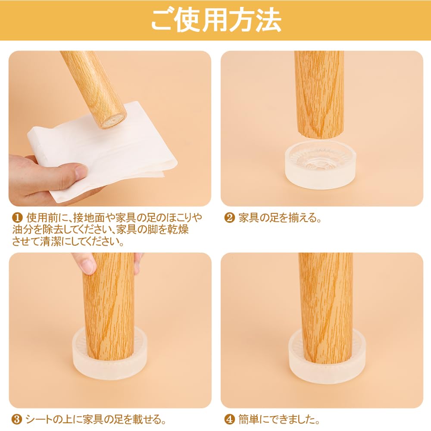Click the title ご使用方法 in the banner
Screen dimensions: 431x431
(x=216, y=20)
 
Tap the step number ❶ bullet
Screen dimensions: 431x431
(x=17, y=218)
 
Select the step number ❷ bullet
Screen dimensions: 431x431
(x=230, y=218)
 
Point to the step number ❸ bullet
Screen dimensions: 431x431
(x=17, y=420)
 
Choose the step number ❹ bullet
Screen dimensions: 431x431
(x=230, y=420)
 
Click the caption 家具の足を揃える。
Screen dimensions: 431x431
(x=280, y=218)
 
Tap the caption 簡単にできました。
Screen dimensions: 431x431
(x=279, y=420)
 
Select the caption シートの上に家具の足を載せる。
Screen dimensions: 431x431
(x=96, y=420)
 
